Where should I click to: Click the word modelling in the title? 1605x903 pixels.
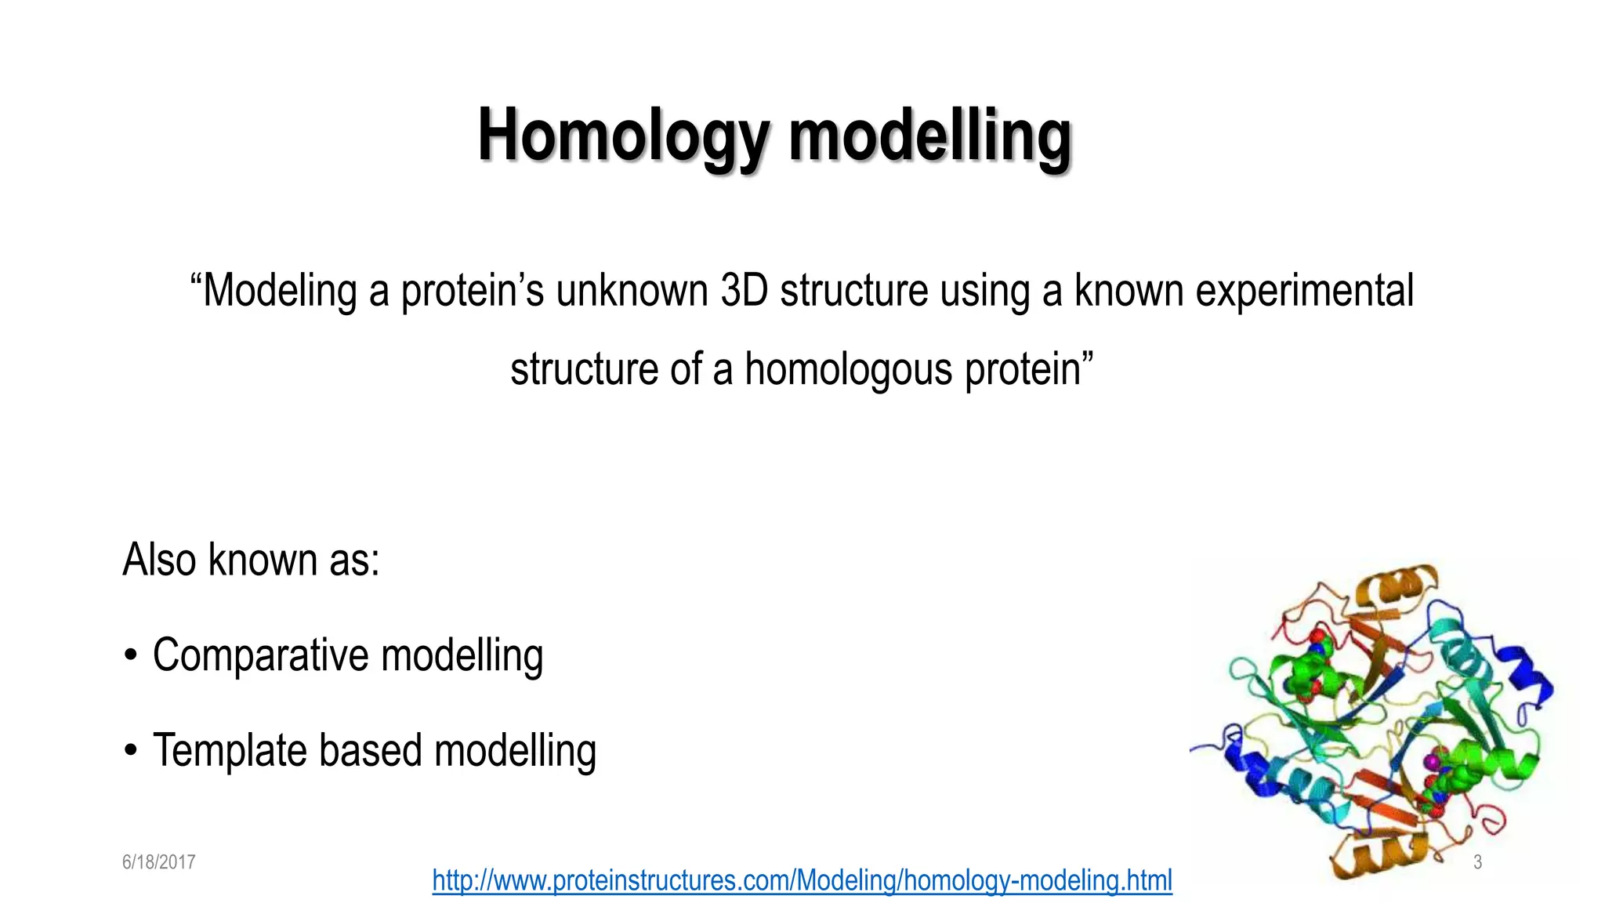click(x=929, y=136)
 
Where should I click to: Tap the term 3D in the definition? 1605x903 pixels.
click(x=744, y=290)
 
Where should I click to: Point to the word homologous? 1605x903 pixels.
click(x=848, y=369)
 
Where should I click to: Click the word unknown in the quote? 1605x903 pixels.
click(x=632, y=290)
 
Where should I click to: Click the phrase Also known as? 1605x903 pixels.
click(x=251, y=560)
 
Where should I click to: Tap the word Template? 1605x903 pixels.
click(x=230, y=750)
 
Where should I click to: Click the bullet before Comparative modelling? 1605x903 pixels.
click(x=131, y=656)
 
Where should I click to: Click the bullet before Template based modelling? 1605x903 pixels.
click(x=131, y=751)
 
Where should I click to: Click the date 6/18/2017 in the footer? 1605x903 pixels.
click(x=158, y=862)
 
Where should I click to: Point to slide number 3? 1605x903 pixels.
click(x=1477, y=862)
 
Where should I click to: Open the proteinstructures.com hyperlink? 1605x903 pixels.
click(x=802, y=880)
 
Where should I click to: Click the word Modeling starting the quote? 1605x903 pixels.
click(x=280, y=290)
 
